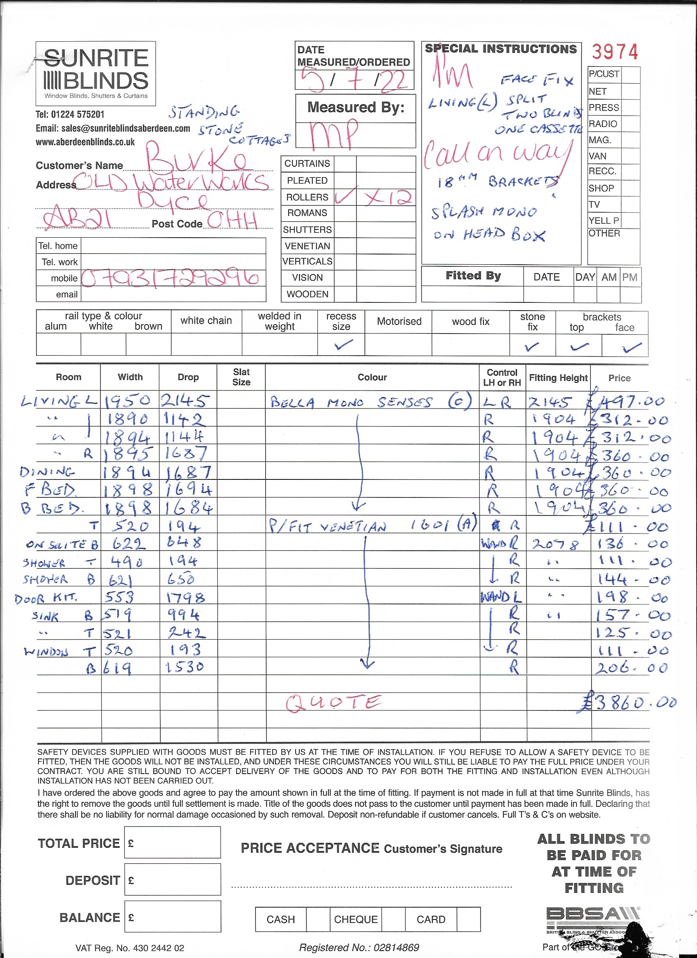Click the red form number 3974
[x=614, y=52]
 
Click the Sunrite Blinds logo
[x=96, y=73]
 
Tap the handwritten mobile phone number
[x=170, y=278]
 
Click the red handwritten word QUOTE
[x=333, y=703]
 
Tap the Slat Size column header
[x=241, y=377]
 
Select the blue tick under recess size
[x=342, y=345]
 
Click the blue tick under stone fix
[x=531, y=346]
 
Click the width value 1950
[x=128, y=400]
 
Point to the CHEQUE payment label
[x=355, y=919]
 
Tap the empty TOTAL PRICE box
[x=173, y=842]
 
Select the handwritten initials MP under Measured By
[x=334, y=135]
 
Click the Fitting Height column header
[x=558, y=378]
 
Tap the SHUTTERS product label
[x=307, y=230]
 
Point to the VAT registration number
[x=129, y=948]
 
